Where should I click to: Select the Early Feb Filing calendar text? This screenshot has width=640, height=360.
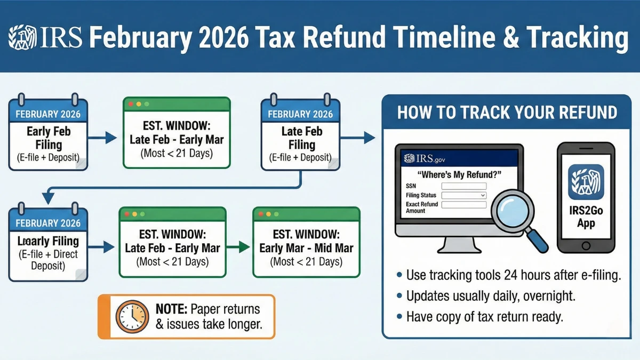pos(49,138)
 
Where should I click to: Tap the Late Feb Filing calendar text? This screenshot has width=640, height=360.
pos(301,138)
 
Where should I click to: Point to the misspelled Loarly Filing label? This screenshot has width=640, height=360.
pos(48,241)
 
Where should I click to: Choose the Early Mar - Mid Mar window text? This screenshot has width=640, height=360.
pos(306,248)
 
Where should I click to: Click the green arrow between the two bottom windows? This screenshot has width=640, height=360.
pos(238,247)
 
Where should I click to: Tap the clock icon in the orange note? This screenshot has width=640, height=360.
pos(132,316)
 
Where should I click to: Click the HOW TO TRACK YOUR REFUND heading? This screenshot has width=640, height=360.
pos(507,112)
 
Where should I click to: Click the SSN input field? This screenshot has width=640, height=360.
pos(464,186)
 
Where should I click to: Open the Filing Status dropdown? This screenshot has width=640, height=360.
pos(464,196)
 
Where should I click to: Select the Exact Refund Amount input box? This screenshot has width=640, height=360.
pos(464,205)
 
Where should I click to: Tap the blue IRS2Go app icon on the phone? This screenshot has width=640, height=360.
pos(586,181)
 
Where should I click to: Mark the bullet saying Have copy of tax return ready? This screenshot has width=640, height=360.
pos(484,317)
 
